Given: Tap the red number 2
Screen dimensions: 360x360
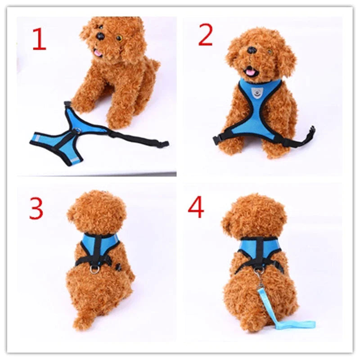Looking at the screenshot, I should pos(205,36).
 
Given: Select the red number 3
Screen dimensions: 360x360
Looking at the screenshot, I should pos(36,208).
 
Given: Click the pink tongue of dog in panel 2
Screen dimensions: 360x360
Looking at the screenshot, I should pos(249,72).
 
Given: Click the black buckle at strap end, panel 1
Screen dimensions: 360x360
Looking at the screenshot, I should pos(163,144).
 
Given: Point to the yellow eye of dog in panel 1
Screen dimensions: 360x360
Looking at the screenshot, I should pos(119,38).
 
